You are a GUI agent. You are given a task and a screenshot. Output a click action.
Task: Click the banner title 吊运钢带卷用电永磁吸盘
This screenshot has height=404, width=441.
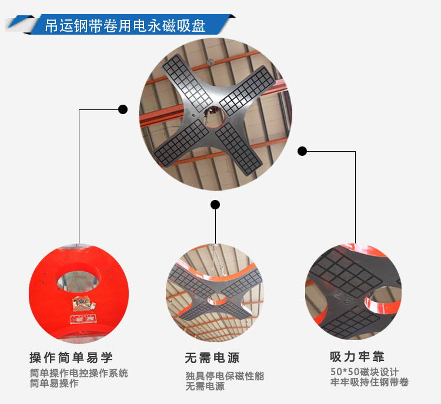[x=125, y=26]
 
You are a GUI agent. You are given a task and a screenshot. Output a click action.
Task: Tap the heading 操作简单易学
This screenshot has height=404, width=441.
[x=71, y=358]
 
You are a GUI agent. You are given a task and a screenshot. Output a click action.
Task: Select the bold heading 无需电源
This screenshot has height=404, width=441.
[x=212, y=358]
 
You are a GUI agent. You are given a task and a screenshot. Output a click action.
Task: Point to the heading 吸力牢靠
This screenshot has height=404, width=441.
[x=357, y=357]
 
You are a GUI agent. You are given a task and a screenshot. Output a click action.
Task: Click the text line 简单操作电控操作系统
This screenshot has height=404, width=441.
[x=78, y=373]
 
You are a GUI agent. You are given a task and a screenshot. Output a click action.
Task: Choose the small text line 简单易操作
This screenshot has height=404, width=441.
[x=54, y=383]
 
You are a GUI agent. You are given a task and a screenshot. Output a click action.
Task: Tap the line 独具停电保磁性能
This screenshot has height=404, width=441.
[x=225, y=376]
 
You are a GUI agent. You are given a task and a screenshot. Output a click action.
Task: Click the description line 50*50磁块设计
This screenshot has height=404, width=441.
[x=364, y=372]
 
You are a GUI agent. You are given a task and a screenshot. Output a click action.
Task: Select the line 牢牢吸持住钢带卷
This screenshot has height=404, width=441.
[x=369, y=383]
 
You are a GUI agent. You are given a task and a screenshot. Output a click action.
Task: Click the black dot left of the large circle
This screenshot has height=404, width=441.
[x=123, y=109]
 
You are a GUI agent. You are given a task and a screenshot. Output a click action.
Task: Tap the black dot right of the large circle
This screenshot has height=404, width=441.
[x=302, y=151]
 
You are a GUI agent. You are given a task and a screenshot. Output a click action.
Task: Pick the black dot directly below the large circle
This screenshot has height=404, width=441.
[x=215, y=205]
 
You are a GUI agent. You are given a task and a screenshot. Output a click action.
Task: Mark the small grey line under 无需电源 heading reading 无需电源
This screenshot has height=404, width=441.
[x=205, y=387]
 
